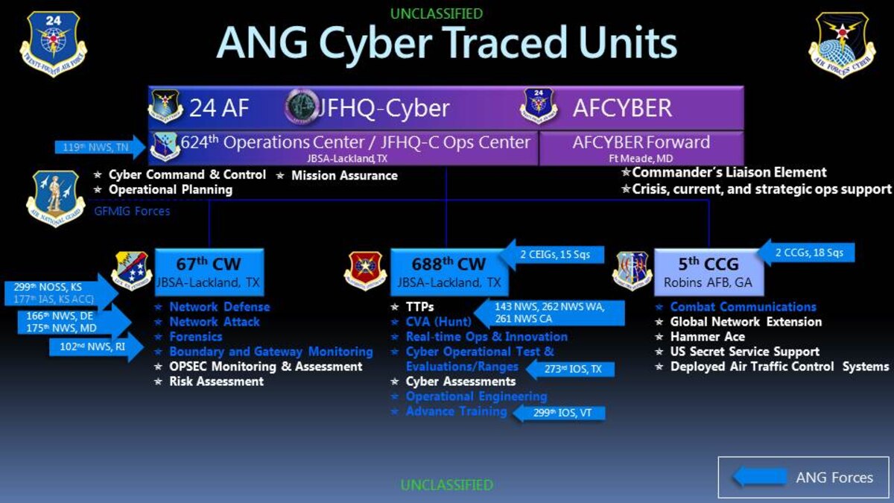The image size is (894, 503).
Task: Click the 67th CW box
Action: [x=209, y=271]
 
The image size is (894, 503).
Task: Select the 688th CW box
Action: [x=448, y=271]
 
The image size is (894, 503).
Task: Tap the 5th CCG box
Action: [x=708, y=271]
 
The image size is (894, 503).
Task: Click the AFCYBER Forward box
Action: [x=641, y=148]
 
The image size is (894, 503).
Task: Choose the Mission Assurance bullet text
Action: [x=343, y=176]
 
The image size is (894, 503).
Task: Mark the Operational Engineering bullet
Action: [x=476, y=396]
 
